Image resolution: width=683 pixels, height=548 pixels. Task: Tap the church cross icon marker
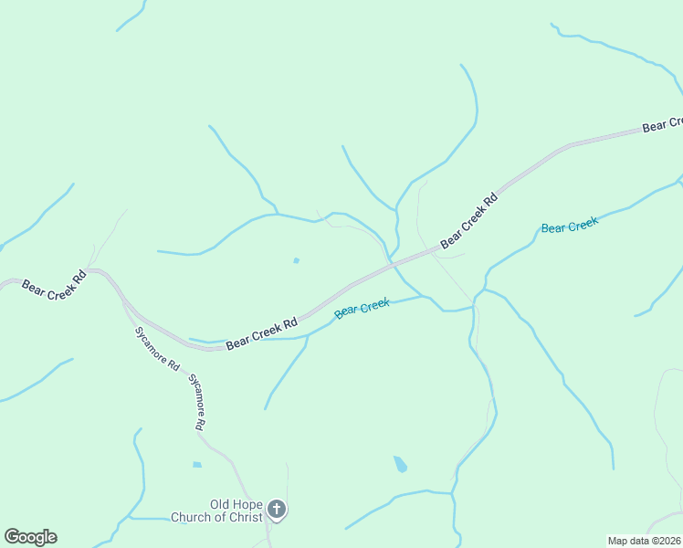[x=277, y=510]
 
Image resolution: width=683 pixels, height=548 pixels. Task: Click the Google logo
[x=30, y=537]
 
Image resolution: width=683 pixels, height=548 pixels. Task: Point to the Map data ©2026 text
[x=644, y=540]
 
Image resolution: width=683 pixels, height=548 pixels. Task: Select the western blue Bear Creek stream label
[x=363, y=308]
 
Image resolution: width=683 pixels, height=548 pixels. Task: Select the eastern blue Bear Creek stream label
[x=570, y=225]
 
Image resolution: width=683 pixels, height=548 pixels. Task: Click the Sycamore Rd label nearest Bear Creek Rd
[x=156, y=348]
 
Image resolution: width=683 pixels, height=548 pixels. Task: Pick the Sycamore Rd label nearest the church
[x=197, y=401]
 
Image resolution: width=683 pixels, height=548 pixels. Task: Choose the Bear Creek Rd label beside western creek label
[x=263, y=332]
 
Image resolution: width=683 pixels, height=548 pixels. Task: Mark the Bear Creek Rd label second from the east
[x=469, y=220]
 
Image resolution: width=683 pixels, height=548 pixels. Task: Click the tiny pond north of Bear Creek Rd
[x=296, y=260]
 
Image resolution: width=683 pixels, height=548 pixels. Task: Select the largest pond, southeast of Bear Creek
[x=400, y=464]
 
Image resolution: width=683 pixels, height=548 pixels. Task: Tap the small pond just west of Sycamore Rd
[x=197, y=464]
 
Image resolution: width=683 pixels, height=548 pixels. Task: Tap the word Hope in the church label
[x=250, y=504]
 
